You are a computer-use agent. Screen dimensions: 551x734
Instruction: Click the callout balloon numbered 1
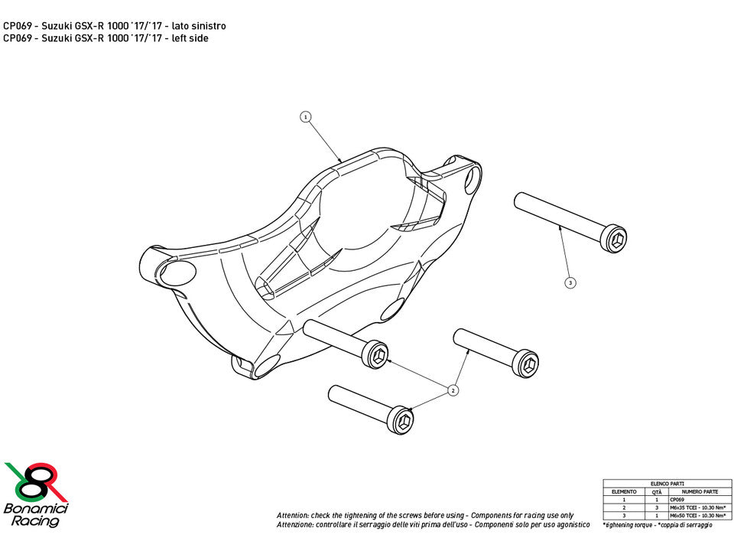[305, 117]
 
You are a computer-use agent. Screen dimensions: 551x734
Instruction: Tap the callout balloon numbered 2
[453, 390]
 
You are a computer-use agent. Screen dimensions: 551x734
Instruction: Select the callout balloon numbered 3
[570, 282]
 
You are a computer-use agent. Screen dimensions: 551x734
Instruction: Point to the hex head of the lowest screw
[403, 419]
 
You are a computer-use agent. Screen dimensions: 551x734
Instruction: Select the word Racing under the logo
[34, 521]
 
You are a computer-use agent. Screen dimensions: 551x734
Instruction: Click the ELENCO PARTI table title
[667, 484]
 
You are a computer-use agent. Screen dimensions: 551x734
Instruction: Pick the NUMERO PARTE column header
[699, 491]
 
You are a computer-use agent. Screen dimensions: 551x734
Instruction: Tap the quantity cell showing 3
[657, 507]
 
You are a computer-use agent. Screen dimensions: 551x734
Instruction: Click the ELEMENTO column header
[624, 491]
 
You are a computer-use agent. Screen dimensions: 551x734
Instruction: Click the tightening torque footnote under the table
[658, 525]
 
